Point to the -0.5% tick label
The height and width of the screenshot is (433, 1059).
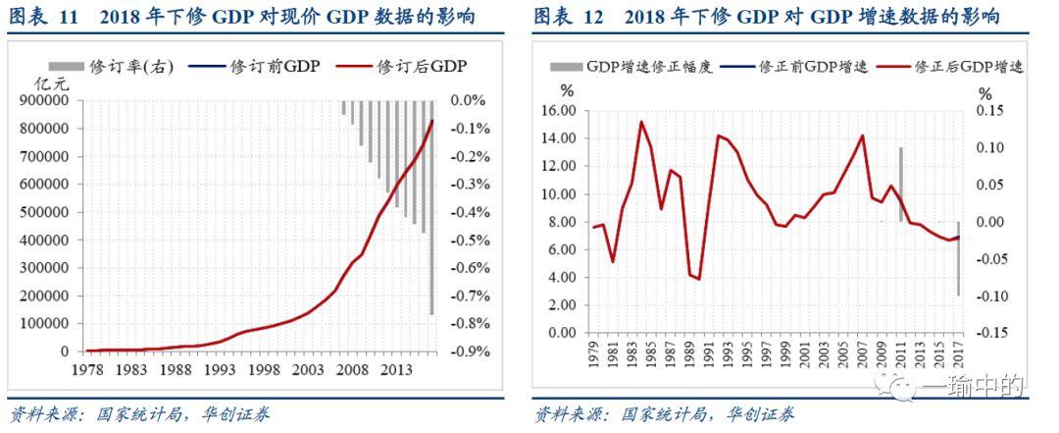(468, 240)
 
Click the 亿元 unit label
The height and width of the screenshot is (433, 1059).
(47, 84)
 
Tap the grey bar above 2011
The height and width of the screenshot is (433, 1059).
(900, 184)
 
